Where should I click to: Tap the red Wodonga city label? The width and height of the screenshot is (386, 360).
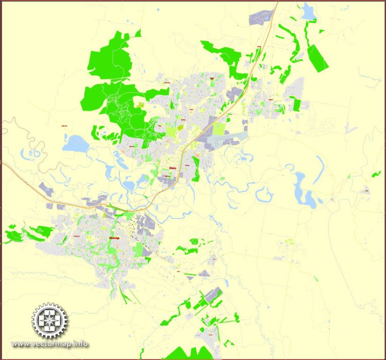coord(114,239)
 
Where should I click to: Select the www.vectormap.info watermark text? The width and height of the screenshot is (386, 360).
coord(50,344)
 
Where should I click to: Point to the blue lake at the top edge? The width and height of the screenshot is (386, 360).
coord(308,12)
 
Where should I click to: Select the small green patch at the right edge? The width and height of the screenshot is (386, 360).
coord(376,174)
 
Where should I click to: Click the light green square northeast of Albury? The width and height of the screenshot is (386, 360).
coord(219,129)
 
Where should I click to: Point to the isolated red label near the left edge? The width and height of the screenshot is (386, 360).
coord(64,125)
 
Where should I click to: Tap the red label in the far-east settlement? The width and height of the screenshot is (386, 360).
coord(367,190)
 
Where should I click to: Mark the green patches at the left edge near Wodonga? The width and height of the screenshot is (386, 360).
coord(28,233)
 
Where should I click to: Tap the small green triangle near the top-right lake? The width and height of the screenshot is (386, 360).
coord(321,31)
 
